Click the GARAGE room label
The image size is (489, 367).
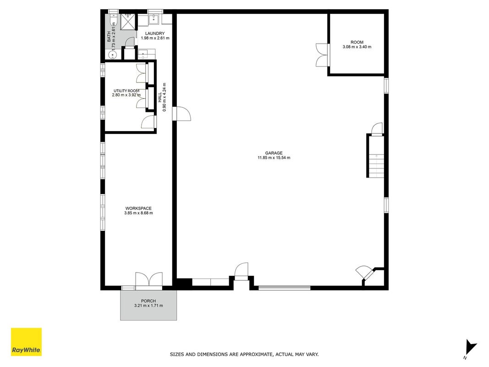tap(274, 153)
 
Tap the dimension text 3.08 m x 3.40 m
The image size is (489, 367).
tap(357, 47)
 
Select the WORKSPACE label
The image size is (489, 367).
tap(138, 208)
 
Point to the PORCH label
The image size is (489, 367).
tap(148, 301)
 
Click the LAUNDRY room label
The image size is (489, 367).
tap(155, 33)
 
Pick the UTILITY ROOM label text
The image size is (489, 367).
tap(126, 91)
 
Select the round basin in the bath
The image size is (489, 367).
tap(113, 55)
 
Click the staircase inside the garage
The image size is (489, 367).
tap(375, 156)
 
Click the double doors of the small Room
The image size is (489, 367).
tap(323, 55)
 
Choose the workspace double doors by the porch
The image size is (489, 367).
tap(149, 279)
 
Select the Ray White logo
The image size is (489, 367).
tap(26, 342)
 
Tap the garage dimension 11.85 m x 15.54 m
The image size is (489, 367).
tap(274, 158)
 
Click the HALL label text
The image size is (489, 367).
tap(159, 97)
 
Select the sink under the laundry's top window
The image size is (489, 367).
tap(154, 19)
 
